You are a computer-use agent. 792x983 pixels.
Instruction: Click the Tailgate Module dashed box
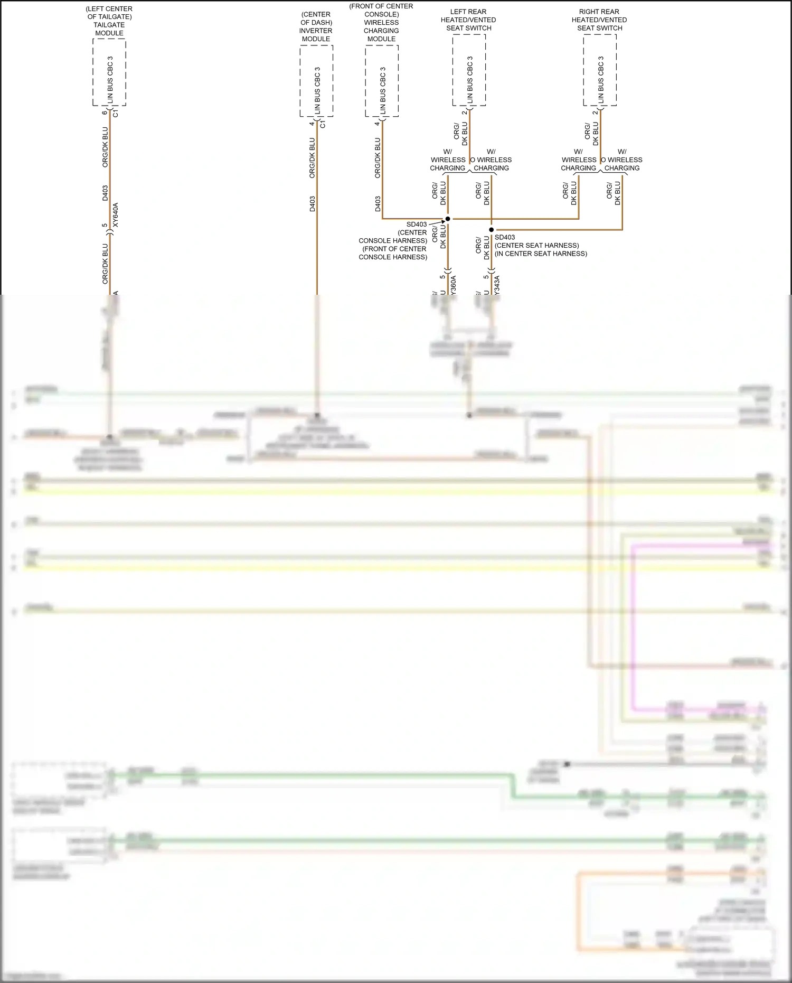point(109,72)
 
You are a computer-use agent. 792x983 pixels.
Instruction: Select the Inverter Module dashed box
point(316,81)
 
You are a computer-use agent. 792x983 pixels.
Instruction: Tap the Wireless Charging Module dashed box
point(381,81)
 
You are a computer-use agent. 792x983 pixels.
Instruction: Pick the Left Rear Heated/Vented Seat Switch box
point(469,70)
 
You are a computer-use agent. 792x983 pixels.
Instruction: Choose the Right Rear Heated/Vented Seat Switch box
point(600,70)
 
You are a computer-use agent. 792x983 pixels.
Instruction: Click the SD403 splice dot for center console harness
point(448,219)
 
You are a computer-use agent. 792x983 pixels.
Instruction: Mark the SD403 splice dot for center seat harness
point(491,230)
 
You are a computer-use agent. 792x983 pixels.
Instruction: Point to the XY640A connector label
point(116,215)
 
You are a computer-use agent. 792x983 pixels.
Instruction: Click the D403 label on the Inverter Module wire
point(312,204)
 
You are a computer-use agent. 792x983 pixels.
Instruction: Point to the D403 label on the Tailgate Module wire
point(105,193)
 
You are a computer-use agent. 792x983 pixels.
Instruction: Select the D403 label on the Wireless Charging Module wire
point(378,204)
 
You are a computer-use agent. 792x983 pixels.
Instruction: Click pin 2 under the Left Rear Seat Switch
point(464,113)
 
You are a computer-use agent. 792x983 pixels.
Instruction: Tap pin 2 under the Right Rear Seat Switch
point(595,113)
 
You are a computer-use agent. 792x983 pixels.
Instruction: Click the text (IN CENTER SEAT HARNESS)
point(541,254)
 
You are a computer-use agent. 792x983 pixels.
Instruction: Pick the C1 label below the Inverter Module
point(323,124)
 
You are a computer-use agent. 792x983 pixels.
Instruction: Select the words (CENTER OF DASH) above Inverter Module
point(316,18)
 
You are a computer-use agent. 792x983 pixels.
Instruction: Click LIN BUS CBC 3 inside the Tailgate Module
point(110,79)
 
